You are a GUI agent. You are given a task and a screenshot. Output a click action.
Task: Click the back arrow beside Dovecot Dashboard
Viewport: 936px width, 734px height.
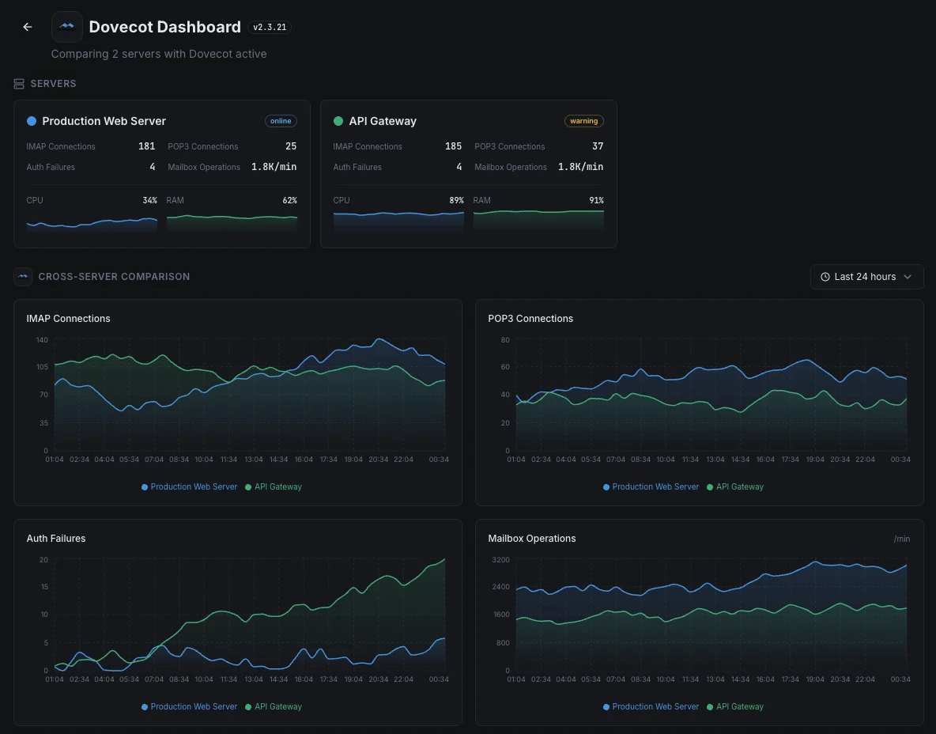coord(28,27)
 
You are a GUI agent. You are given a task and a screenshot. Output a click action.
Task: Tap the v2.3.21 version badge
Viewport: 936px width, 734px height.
coord(270,27)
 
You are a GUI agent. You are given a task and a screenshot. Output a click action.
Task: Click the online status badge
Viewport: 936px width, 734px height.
coord(281,121)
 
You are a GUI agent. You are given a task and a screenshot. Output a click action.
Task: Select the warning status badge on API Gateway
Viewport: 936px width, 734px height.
coord(583,121)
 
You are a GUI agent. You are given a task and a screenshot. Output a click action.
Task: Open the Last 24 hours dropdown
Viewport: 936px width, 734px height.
coord(866,277)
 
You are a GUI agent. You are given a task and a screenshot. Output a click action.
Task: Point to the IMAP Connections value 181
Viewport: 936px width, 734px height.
coord(147,146)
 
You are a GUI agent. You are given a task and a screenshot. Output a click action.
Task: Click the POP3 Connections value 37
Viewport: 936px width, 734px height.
coord(598,146)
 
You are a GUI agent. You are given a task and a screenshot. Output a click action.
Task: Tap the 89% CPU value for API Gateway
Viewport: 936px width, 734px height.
coord(457,200)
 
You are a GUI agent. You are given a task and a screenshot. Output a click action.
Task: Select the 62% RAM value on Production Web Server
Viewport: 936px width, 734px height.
coord(289,200)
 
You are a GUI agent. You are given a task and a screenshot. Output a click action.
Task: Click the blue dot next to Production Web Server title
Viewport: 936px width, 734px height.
coord(32,121)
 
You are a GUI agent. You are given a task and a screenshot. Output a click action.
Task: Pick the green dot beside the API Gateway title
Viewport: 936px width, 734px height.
coord(338,121)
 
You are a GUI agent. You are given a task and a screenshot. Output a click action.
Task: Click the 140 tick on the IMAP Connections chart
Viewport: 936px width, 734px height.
coord(42,340)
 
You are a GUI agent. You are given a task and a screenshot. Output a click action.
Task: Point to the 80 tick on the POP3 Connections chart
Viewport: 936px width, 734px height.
coord(505,340)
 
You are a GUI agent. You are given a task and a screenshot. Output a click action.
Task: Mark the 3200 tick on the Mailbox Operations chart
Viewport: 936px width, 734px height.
coord(501,560)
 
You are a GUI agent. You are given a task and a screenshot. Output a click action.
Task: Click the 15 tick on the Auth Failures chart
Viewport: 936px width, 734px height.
coord(44,587)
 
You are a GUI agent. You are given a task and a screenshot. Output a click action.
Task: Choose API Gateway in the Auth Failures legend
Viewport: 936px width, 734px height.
coord(274,706)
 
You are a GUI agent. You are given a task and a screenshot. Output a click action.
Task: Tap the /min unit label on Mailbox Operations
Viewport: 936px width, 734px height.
coord(902,539)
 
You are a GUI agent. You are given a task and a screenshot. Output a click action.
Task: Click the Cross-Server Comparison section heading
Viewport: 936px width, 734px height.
coord(114,277)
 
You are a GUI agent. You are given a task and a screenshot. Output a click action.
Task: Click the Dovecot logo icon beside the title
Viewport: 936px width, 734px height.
coord(67,27)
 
